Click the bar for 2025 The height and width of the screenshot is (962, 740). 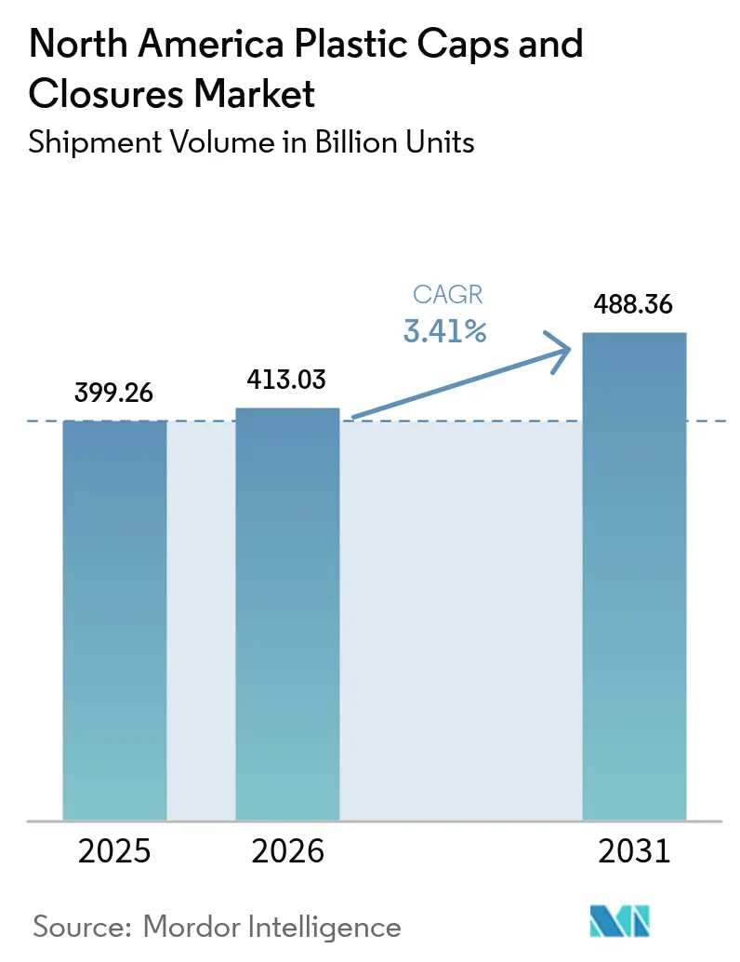coord(114,620)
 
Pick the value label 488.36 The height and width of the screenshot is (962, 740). coord(634,305)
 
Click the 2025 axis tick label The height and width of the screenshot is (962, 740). coord(114,850)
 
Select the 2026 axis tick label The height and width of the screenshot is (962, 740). coord(287,850)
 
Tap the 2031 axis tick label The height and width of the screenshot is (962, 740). coord(634,850)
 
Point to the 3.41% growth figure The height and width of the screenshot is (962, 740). coord(444,330)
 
